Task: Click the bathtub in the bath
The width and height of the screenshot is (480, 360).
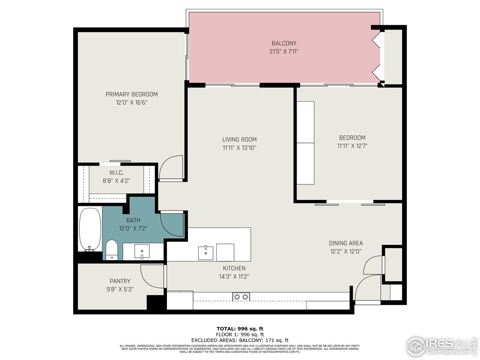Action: (90, 229)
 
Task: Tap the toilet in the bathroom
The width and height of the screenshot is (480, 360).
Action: (112, 250)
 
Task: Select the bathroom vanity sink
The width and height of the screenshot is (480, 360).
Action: (142, 251)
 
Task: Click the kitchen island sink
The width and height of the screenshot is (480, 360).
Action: (206, 252)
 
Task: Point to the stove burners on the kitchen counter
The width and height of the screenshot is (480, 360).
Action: (241, 297)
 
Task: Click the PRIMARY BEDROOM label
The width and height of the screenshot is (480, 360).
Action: (131, 94)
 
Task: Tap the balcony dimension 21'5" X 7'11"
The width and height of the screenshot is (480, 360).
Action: (284, 51)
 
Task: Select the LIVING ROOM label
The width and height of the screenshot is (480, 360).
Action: (239, 139)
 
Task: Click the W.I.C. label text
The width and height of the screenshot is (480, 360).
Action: (116, 172)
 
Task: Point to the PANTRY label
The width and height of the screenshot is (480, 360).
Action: (120, 281)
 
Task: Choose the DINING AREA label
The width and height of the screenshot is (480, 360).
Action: (345, 243)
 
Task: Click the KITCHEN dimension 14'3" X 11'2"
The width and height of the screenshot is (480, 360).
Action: (234, 277)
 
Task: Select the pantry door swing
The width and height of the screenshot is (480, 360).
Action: (152, 277)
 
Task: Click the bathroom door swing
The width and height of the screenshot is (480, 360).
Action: (172, 223)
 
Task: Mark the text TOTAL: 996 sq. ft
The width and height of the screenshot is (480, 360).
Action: (240, 328)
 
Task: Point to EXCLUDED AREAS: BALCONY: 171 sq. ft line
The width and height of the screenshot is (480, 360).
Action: (240, 340)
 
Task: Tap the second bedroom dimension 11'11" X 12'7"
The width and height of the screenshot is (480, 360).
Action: (352, 146)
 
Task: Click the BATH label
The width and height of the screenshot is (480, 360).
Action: (133, 220)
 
